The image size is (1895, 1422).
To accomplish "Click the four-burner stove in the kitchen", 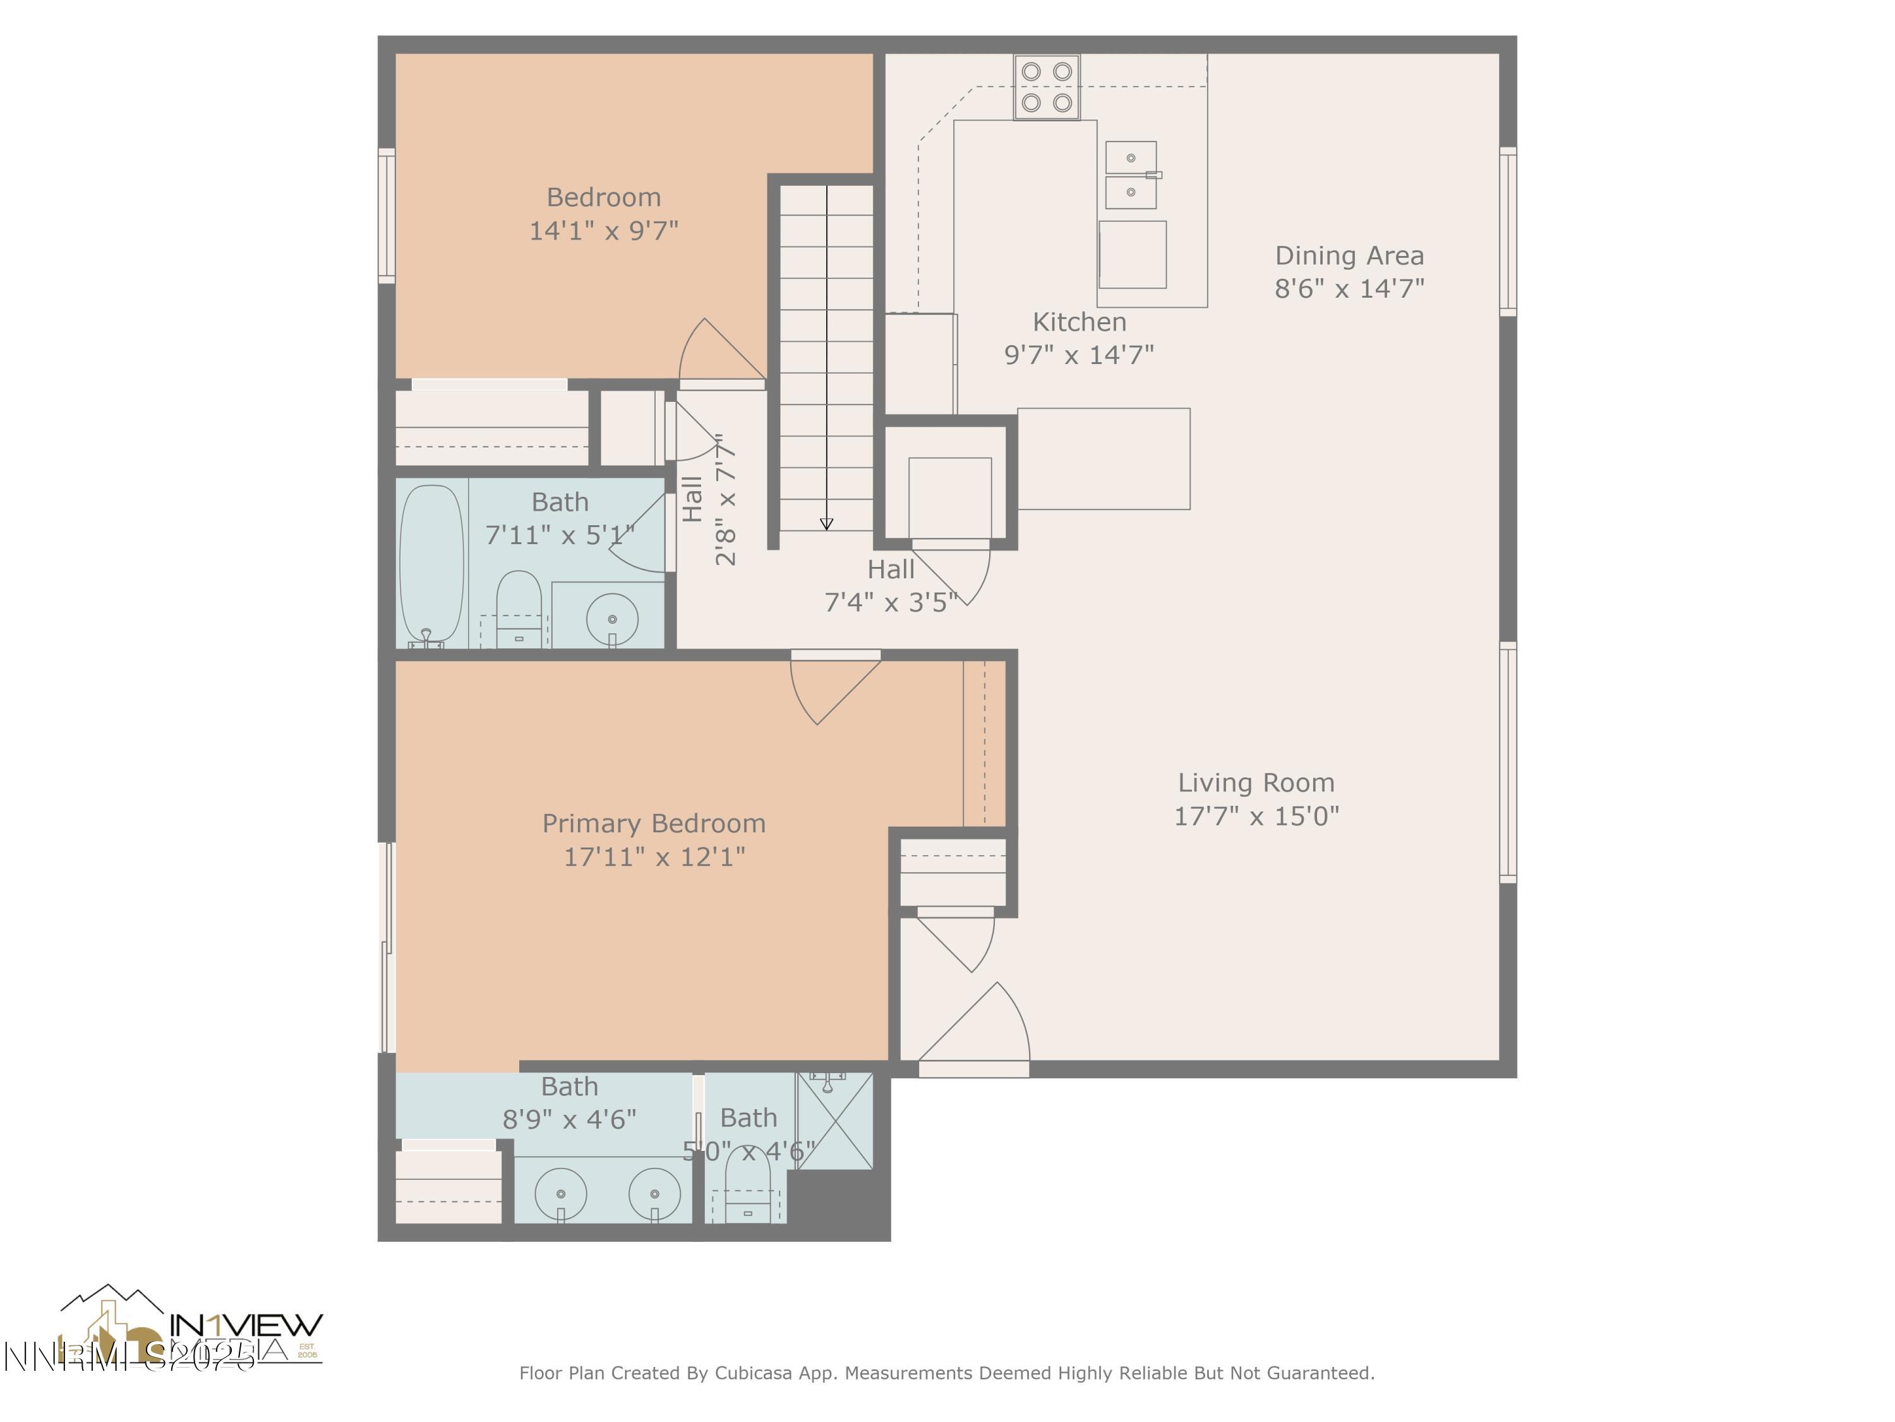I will (1046, 87).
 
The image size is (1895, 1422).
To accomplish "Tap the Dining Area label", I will (1349, 255).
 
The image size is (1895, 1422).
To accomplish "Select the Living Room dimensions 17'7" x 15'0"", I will (1256, 815).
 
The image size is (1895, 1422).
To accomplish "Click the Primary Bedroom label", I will (654, 823).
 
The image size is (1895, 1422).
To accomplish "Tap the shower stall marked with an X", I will (834, 1121).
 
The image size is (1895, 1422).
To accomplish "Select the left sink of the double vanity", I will (561, 1193).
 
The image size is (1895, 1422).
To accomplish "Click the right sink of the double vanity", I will (654, 1193).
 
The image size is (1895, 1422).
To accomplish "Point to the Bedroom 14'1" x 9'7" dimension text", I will (603, 231).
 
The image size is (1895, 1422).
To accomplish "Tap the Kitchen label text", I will (1079, 322).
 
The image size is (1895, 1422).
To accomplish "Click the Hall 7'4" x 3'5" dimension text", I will (890, 602).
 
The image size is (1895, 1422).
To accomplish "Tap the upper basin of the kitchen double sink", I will (1131, 158).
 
